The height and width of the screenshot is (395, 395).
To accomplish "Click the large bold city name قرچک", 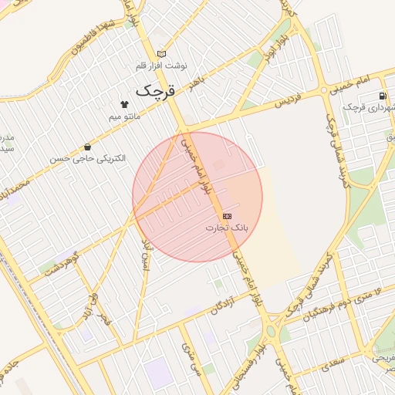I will (x=156, y=89).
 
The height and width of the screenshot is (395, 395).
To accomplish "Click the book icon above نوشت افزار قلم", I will (x=161, y=53).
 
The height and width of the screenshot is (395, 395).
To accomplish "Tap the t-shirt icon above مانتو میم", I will (x=123, y=103).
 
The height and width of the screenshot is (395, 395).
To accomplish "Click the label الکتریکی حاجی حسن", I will (x=87, y=158).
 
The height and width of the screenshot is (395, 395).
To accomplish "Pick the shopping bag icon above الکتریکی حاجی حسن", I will (x=87, y=147).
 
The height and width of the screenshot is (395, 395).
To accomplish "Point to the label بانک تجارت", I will (x=228, y=228).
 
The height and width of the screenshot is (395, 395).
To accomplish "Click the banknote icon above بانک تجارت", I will (x=227, y=216).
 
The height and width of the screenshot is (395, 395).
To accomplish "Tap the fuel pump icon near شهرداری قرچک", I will (x=383, y=96).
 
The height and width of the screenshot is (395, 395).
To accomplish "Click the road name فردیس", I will (x=283, y=102).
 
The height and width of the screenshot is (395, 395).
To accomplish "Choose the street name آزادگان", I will (x=220, y=305).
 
